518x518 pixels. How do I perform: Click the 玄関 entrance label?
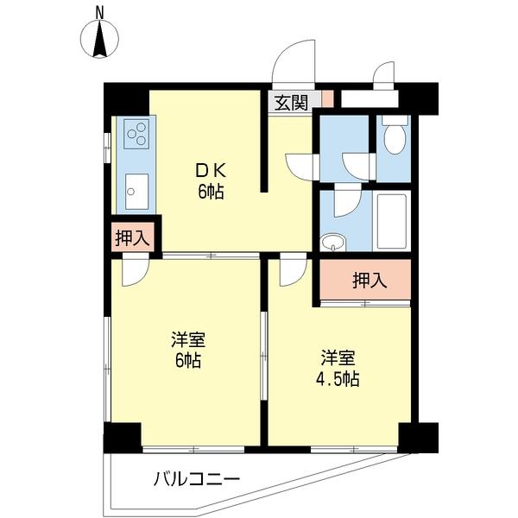click(x=291, y=102)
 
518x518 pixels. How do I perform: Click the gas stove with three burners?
click(x=136, y=134)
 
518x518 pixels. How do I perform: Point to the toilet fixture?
click(x=394, y=138)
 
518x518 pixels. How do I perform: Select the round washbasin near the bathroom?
click(x=331, y=243)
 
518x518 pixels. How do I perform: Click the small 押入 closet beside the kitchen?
click(x=132, y=239)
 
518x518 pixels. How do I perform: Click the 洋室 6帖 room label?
click(x=186, y=350)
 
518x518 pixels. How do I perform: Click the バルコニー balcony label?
click(x=197, y=477)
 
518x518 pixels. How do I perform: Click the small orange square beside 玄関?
click(x=327, y=98)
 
